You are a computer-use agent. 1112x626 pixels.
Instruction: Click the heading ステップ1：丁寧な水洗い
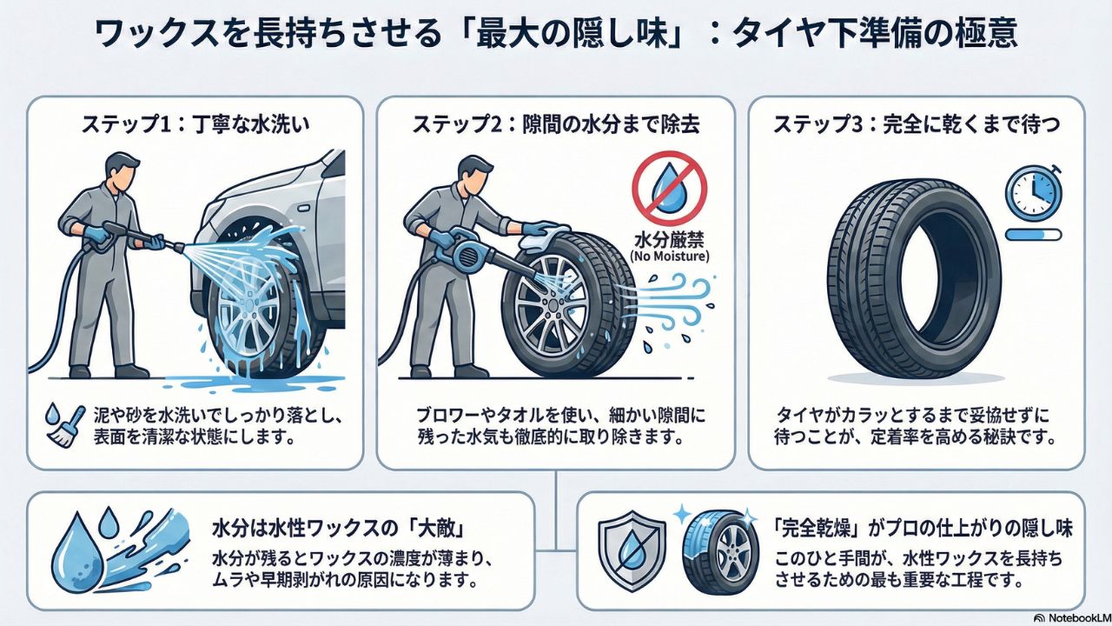pos(195,123)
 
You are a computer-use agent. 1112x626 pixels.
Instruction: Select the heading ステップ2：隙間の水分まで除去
pos(556,123)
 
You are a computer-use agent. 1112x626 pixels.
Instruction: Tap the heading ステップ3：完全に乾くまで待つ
pos(917,123)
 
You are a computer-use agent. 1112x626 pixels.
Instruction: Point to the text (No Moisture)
pos(669,256)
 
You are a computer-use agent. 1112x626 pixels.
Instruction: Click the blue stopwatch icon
pos(1034,191)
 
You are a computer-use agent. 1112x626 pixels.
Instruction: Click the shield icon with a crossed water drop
pos(632,550)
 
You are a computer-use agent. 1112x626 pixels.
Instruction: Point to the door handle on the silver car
pos(301,207)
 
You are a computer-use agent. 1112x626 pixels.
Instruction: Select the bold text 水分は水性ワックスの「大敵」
pos(339,528)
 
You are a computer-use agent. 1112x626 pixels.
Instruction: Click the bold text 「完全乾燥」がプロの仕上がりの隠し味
pos(923,528)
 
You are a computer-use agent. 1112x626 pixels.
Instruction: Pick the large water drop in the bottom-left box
pos(78,551)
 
